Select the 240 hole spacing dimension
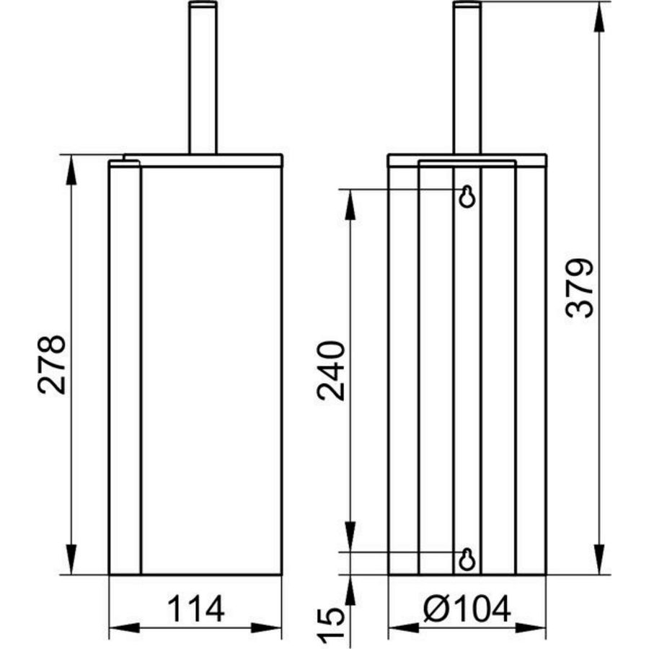(x=334, y=370)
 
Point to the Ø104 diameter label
(x=467, y=610)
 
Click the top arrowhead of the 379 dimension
(x=599, y=14)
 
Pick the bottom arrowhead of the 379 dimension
(x=599, y=562)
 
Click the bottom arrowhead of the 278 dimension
(x=71, y=562)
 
